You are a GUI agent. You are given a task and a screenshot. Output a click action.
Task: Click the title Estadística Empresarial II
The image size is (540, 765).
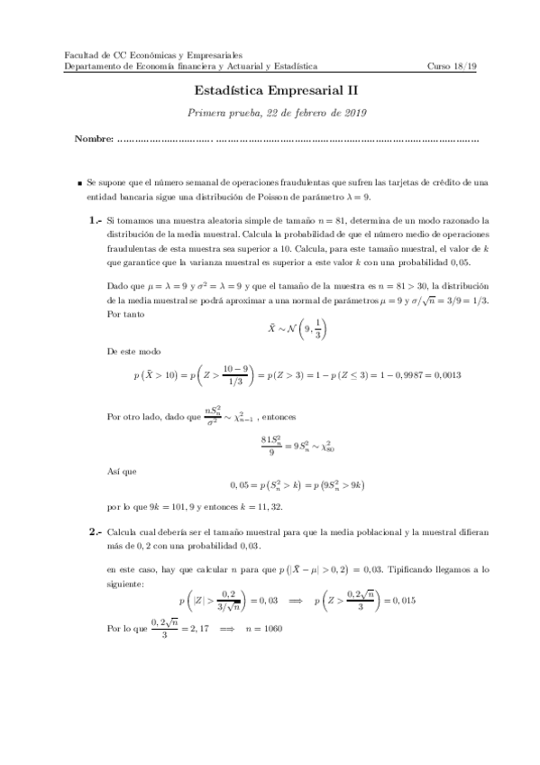(x=269, y=91)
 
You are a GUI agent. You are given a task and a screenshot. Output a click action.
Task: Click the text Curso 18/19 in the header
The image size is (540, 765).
(x=455, y=66)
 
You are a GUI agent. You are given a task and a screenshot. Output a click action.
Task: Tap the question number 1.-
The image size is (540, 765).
(x=96, y=220)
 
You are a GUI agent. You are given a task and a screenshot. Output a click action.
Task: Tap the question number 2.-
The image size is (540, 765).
(x=96, y=533)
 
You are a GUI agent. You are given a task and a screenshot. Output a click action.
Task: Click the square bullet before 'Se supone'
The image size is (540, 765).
(x=80, y=182)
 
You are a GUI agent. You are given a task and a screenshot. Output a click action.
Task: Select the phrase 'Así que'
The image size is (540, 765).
(x=121, y=470)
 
